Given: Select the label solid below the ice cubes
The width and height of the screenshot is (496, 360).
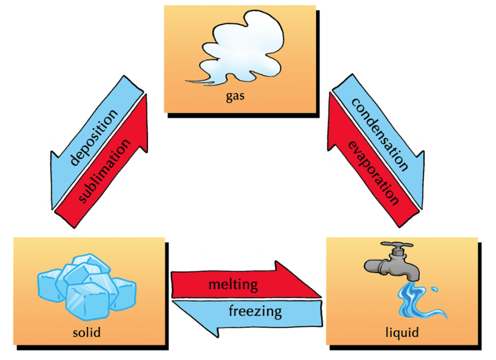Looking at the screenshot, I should coord(86,331).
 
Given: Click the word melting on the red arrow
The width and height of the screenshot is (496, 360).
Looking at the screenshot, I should coord(233,284).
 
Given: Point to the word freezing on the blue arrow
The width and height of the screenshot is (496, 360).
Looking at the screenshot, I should coord(254,311).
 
